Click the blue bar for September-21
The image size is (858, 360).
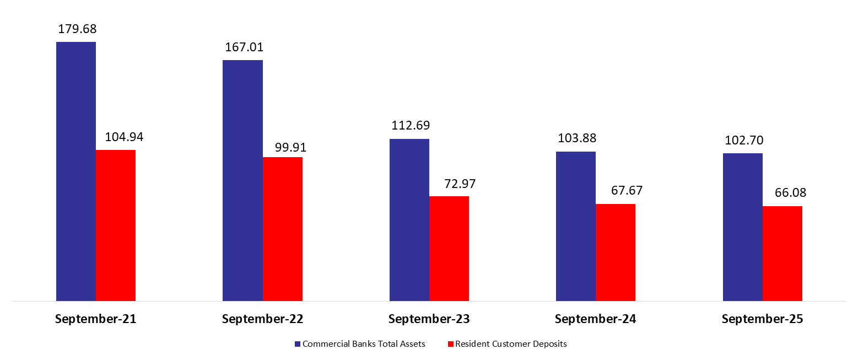76,171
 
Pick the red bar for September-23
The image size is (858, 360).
449,248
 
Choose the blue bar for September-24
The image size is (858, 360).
576,226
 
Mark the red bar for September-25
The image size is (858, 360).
783,254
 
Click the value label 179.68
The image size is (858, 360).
77,29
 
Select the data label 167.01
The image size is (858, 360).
244,47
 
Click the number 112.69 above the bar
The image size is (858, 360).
409,126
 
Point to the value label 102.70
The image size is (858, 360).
743,140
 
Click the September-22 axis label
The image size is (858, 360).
262,319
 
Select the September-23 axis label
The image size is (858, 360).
429,319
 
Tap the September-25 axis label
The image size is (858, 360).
762,319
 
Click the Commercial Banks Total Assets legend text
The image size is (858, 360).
364,344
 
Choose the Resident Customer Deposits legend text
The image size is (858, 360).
511,344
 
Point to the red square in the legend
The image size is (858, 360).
450,344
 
